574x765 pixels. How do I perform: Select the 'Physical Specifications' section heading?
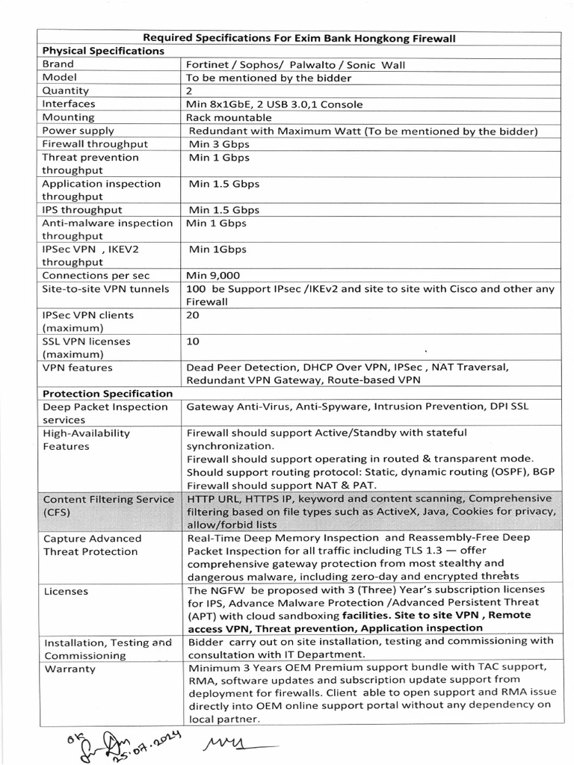[103, 51]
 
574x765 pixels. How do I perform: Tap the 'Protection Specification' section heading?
[108, 393]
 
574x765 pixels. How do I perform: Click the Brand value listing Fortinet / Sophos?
[295, 64]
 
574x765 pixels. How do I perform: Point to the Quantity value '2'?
[189, 90]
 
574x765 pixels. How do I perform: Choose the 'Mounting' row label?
[68, 117]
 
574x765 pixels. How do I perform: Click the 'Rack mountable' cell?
[223, 117]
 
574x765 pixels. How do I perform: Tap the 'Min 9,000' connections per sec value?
[218, 275]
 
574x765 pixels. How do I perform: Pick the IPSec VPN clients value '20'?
[193, 315]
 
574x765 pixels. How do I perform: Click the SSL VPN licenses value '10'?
[192, 341]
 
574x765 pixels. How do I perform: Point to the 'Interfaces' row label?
[69, 104]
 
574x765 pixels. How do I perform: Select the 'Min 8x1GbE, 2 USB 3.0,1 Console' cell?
[275, 104]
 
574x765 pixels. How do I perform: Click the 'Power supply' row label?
[78, 130]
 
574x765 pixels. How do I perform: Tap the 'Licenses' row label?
[66, 591]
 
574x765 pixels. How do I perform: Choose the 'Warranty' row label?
[70, 669]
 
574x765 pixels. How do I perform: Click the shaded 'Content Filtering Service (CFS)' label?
[108, 506]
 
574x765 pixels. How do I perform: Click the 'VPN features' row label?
[78, 368]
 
